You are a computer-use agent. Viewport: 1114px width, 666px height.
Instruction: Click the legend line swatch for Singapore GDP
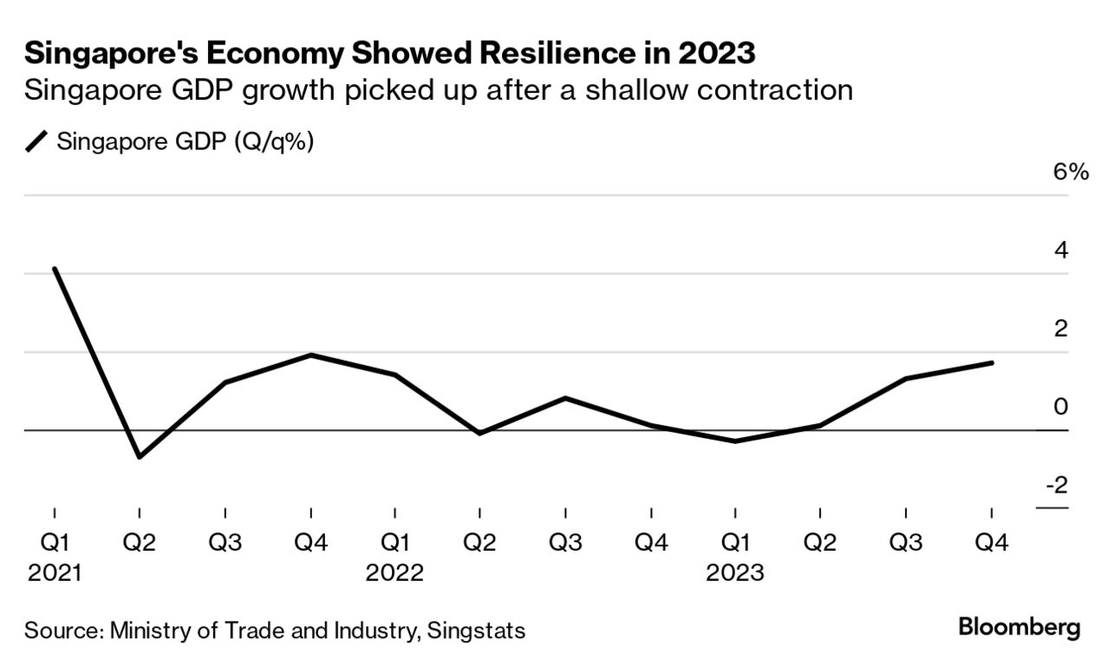point(38,141)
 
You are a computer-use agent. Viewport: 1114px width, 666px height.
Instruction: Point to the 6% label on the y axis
point(1070,172)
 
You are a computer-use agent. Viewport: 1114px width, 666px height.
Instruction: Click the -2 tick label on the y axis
point(1057,484)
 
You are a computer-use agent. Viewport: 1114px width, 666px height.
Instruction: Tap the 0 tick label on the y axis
point(1061,406)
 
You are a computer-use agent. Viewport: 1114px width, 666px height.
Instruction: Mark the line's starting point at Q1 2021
point(55,269)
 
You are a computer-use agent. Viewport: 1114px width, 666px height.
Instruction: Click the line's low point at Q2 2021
point(140,456)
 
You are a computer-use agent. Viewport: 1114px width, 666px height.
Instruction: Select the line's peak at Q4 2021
point(310,355)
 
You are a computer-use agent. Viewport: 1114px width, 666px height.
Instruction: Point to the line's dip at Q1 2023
point(735,441)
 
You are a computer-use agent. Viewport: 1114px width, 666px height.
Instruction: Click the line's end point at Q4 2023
point(991,362)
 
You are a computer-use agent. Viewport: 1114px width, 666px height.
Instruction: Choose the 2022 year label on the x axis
point(394,574)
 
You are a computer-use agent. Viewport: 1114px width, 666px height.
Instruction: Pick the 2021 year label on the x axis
point(54,574)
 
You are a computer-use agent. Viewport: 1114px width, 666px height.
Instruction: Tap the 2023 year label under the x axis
point(735,574)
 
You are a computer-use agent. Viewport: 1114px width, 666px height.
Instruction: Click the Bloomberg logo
point(1020,628)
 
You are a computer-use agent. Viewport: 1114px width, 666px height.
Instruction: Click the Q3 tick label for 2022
point(565,544)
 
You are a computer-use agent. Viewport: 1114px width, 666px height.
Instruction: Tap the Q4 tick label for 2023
point(991,544)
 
